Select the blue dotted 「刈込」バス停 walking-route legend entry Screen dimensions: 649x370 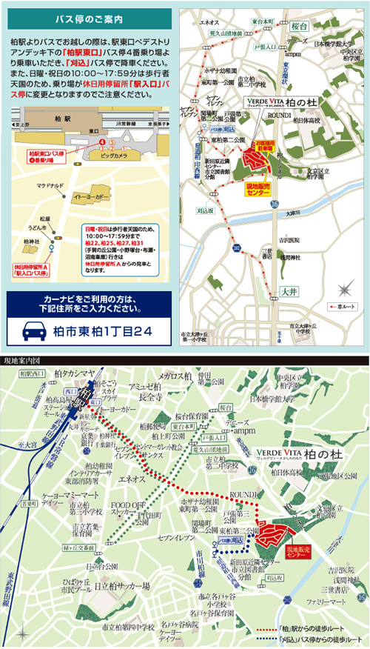click(x=314, y=639)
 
